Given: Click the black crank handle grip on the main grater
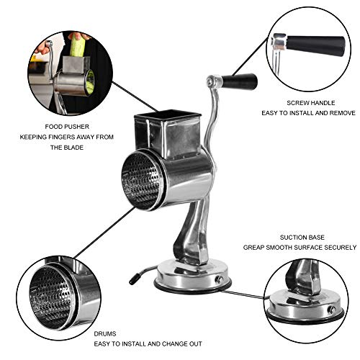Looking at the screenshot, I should [240, 81].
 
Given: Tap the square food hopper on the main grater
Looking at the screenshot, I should [168, 130].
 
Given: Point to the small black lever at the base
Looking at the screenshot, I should [137, 274].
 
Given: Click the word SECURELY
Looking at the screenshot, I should [338, 247].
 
